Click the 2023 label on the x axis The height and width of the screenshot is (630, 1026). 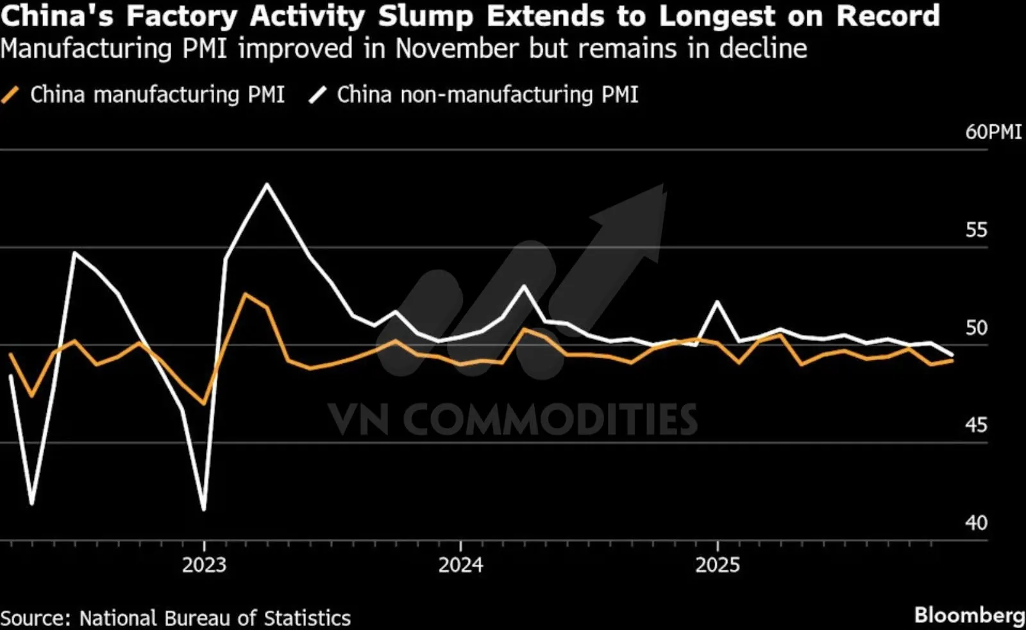(204, 565)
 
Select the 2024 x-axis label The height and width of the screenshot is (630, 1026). (460, 565)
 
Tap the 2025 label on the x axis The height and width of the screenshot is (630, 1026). (718, 565)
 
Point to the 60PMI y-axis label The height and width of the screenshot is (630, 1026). (993, 132)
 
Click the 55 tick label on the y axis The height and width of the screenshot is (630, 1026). (977, 230)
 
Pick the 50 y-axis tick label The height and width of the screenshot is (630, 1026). (977, 328)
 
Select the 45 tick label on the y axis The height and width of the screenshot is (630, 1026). (977, 426)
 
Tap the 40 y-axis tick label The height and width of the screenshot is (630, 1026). (977, 524)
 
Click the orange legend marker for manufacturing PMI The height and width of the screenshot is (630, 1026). (11, 95)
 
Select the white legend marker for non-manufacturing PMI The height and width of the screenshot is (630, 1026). (318, 95)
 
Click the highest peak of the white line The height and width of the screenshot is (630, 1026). (267, 185)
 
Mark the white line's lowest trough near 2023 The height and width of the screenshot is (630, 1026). (204, 510)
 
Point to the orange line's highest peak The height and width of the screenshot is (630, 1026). (244, 294)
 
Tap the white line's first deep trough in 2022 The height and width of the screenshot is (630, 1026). (32, 504)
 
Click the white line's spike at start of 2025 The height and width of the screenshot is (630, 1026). (718, 301)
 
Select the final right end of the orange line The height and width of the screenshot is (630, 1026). (953, 360)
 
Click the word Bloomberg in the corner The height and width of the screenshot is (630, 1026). (970, 615)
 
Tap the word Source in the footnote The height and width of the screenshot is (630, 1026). (35, 618)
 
